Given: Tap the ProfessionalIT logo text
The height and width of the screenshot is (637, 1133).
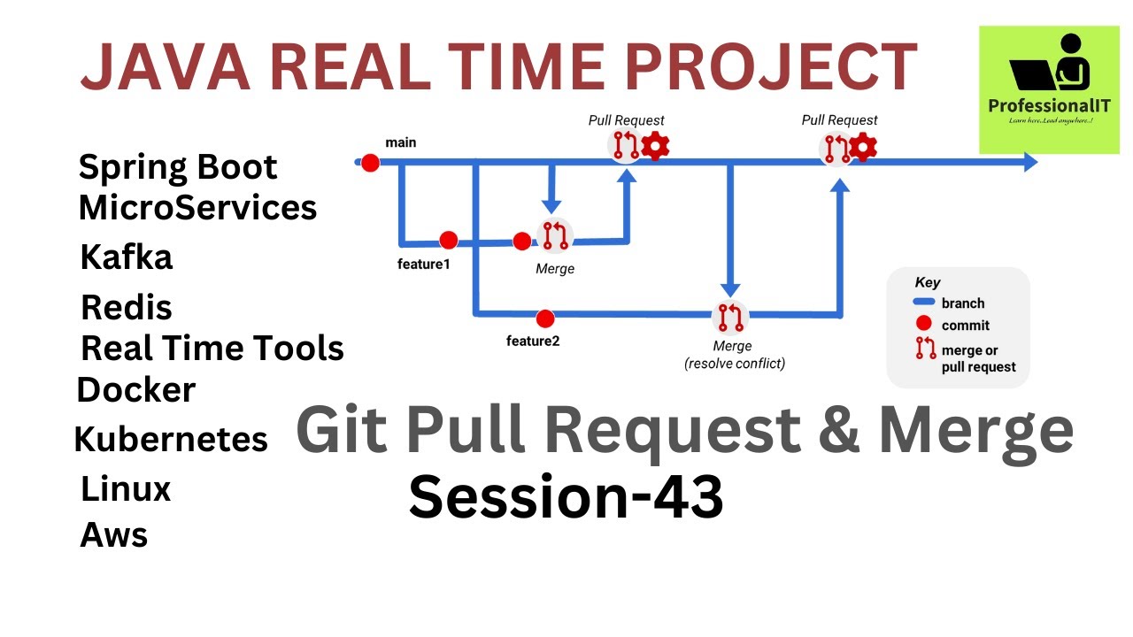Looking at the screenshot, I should point(1049,106).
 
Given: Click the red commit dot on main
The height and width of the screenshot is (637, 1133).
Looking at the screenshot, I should point(370,163).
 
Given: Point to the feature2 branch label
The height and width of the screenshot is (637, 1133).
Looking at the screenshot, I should point(533,341).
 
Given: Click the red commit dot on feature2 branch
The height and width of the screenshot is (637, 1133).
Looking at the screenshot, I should point(545,318).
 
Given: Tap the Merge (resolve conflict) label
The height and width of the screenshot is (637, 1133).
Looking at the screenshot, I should point(734,354).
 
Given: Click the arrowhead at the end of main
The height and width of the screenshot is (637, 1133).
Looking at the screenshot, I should point(1029,162).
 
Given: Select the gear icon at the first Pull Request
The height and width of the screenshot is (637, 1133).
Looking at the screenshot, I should point(655,146).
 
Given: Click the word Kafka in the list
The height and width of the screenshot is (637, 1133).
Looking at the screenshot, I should point(126,257).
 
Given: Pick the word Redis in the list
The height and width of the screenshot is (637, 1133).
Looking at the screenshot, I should point(126,308).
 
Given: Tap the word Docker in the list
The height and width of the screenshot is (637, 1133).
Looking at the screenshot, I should point(136,390).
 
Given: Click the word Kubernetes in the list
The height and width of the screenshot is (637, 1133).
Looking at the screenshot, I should point(171,439).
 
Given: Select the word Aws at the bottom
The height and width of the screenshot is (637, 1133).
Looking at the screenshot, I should point(114,535).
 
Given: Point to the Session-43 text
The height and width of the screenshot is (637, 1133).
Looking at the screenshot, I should point(566,497).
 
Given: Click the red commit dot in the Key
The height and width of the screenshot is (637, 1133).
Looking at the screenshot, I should point(925,325).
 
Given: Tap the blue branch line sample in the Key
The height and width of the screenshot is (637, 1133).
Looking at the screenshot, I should point(924,303).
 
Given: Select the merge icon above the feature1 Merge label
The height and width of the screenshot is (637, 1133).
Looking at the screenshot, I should point(556,235).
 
